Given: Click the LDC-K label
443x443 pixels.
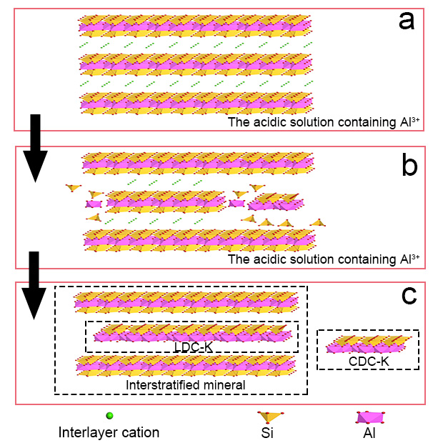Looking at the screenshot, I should [x=192, y=346].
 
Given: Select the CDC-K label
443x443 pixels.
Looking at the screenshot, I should [x=369, y=361].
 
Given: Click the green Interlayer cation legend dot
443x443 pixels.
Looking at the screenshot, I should [x=109, y=416].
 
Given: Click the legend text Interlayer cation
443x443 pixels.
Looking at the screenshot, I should [x=109, y=432].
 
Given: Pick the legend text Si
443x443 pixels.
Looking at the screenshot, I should [x=269, y=432].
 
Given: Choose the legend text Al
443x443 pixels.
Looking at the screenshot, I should [x=369, y=432].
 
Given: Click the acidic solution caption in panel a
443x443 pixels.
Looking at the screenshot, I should [x=323, y=122].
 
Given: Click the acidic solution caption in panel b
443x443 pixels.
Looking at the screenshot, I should [x=323, y=258].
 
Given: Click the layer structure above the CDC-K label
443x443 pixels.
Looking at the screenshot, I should [x=369, y=344].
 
